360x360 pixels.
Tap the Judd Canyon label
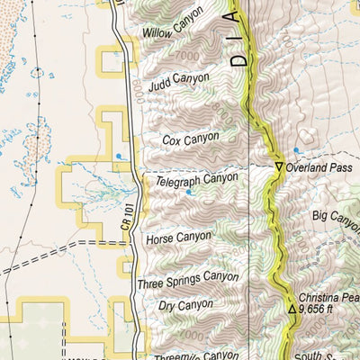click(178, 82)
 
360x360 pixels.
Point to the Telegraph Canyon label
click(196, 179)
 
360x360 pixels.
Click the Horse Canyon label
click(177, 239)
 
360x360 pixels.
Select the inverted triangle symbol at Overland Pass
click(279, 167)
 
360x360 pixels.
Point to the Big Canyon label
click(337, 217)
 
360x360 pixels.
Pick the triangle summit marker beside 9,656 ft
click(292, 310)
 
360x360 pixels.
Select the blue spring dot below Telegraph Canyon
click(189, 192)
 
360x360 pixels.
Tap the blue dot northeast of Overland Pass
click(296, 149)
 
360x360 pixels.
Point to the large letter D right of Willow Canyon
click(236, 62)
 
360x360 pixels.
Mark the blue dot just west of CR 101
click(117, 157)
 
